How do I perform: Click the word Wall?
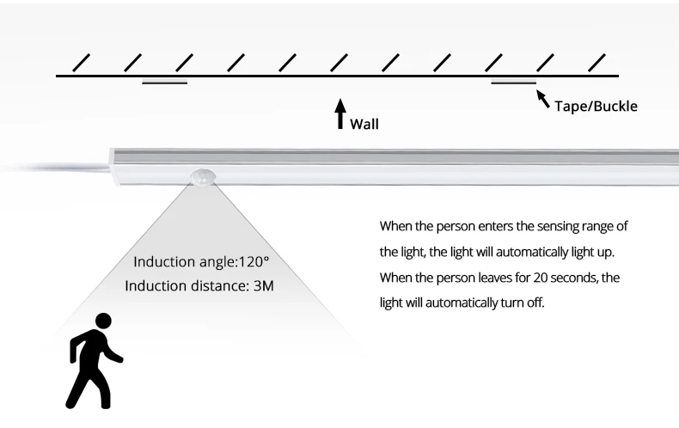tap(364, 125)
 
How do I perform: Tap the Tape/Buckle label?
tap(596, 106)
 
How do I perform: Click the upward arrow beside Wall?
tap(340, 113)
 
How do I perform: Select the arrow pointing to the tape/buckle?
tap(543, 99)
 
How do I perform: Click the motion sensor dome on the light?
tap(202, 178)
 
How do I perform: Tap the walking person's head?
tap(103, 321)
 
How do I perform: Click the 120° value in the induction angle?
tap(254, 261)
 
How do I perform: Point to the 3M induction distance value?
tap(263, 286)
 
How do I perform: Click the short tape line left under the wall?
tap(164, 83)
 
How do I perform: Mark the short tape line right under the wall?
tap(514, 83)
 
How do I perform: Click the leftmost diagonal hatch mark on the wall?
tap(82, 63)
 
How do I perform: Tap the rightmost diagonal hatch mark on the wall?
tap(596, 63)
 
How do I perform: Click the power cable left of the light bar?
tap(56, 168)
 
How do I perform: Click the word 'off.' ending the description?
tap(535, 303)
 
